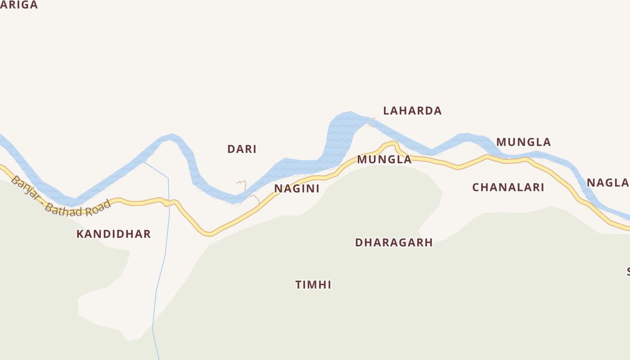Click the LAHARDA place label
[x=412, y=111]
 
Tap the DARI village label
[x=242, y=149]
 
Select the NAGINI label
[x=297, y=189]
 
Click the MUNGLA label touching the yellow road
[x=384, y=159]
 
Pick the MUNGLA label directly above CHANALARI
[x=523, y=142]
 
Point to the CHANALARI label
[x=508, y=187]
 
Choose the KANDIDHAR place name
[x=113, y=234]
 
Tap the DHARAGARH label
[x=394, y=243]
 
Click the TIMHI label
[x=313, y=285]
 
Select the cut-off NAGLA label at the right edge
[x=608, y=183]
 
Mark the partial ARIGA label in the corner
[x=19, y=5]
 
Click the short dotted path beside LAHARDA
[x=372, y=122]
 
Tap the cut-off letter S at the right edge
[x=628, y=272]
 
